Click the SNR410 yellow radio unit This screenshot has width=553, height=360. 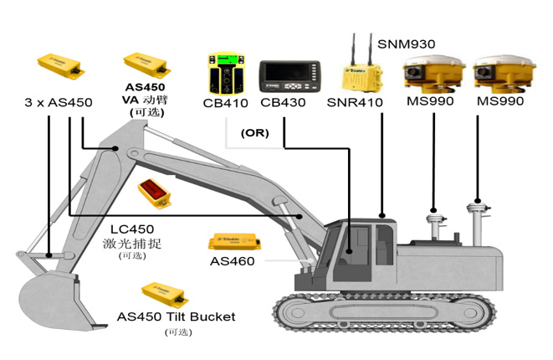point(361,75)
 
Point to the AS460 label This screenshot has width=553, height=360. point(233,261)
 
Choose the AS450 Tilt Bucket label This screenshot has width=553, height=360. point(176,316)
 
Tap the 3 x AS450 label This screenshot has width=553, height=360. point(58,102)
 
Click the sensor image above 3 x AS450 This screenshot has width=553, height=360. point(60,64)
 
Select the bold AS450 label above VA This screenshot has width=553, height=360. point(145,86)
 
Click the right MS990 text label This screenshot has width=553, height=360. point(500,102)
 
